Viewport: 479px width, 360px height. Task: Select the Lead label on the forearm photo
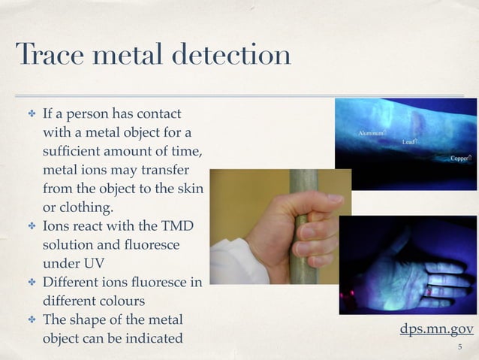pos(409,142)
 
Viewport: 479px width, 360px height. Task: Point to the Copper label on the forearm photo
pos(459,159)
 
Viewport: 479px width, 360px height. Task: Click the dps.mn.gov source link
pos(437,329)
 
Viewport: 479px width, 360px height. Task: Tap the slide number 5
pos(460,347)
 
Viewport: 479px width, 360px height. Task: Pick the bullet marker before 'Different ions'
pos(32,283)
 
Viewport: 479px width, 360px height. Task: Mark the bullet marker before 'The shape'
pos(32,320)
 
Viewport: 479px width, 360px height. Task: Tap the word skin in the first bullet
pos(188,189)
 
